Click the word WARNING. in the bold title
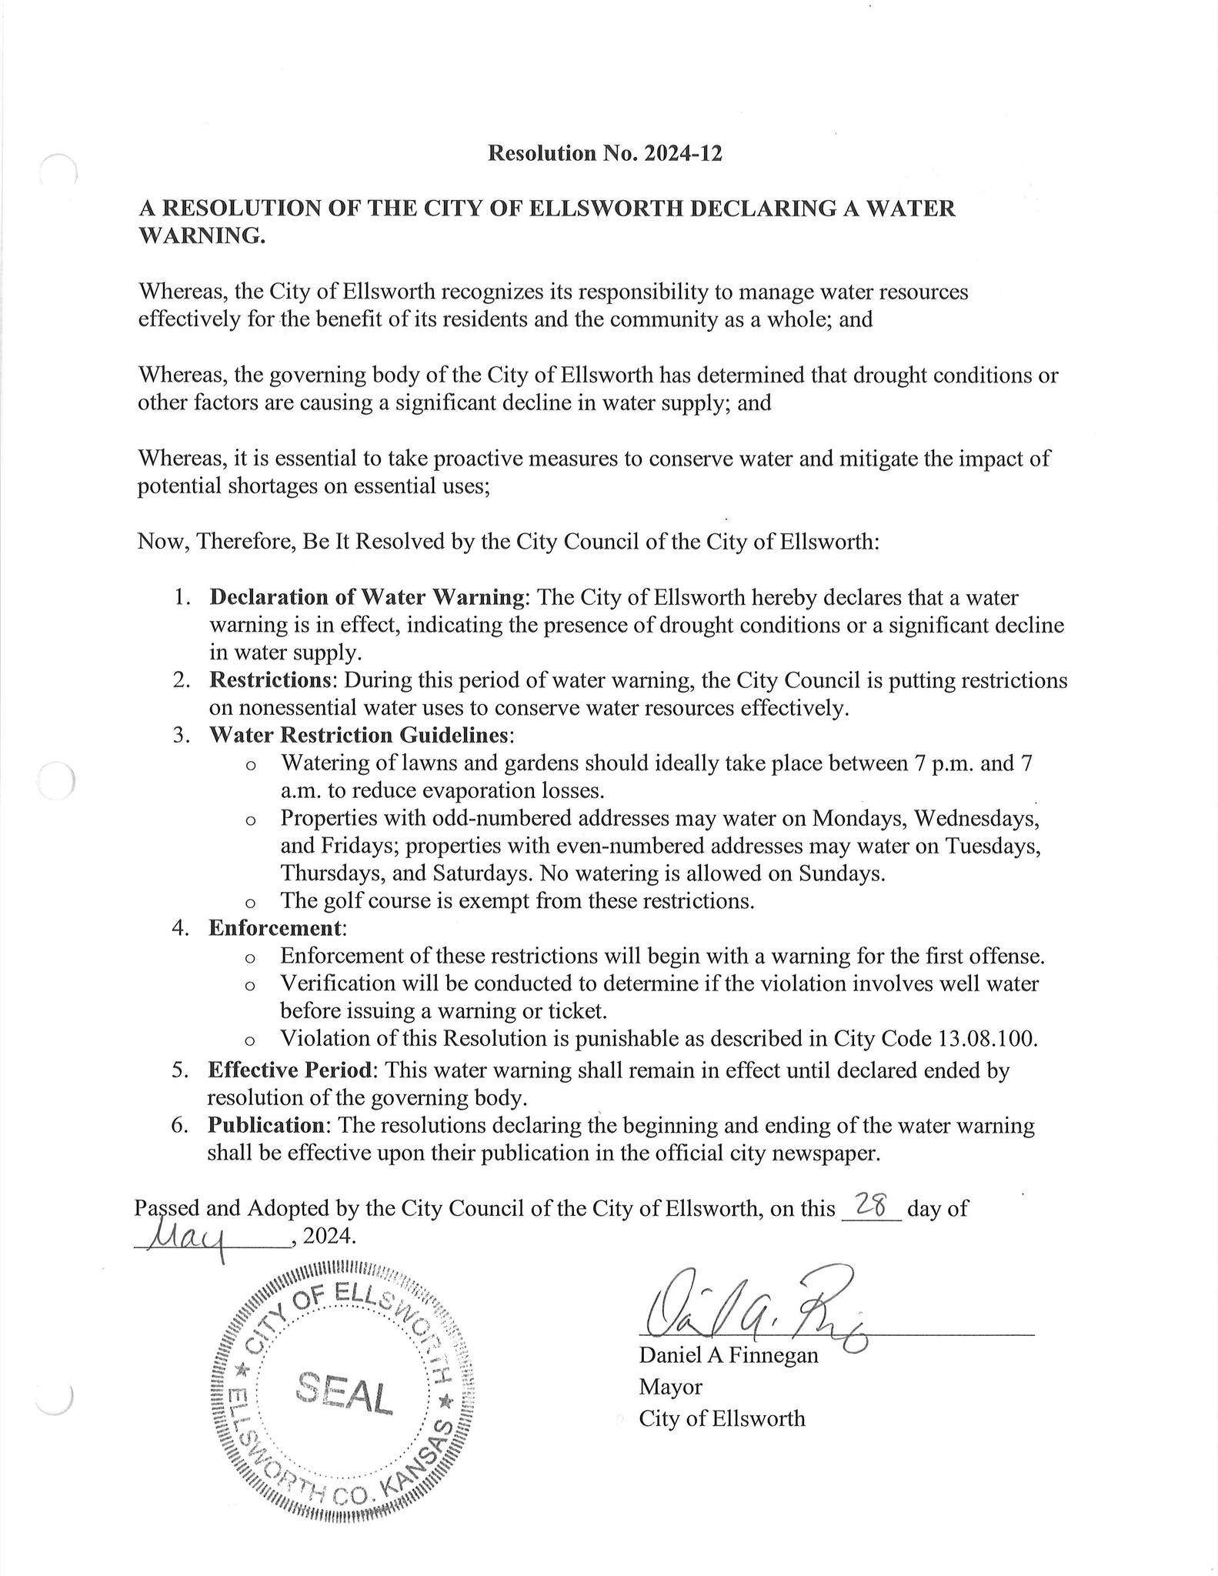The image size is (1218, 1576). pos(202,236)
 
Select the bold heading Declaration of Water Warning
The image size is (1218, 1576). pos(367,597)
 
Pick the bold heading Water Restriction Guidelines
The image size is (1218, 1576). pos(359,735)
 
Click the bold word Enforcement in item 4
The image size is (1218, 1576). pos(275,927)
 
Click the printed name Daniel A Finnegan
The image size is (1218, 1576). pos(728,1354)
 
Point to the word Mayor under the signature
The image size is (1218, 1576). pos(670,1387)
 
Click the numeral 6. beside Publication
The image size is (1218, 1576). pos(180,1125)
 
